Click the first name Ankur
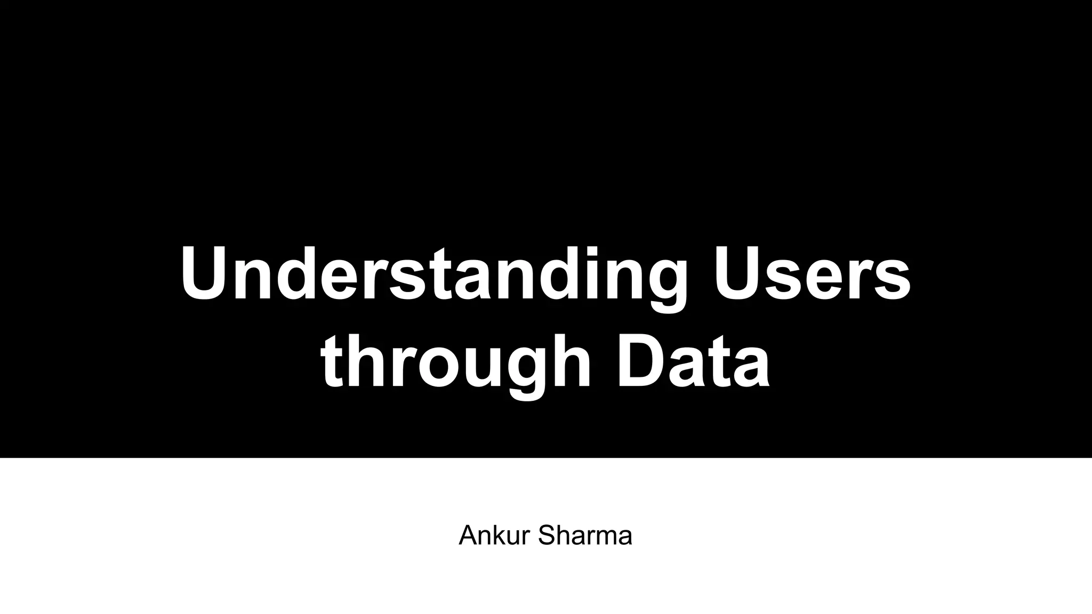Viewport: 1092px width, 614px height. coord(494,536)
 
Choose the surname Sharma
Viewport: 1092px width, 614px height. coord(585,536)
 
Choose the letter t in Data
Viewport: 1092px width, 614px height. coord(719,362)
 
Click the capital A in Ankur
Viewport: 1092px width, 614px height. coord(468,536)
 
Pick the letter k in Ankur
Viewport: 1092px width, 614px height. coord(499,536)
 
